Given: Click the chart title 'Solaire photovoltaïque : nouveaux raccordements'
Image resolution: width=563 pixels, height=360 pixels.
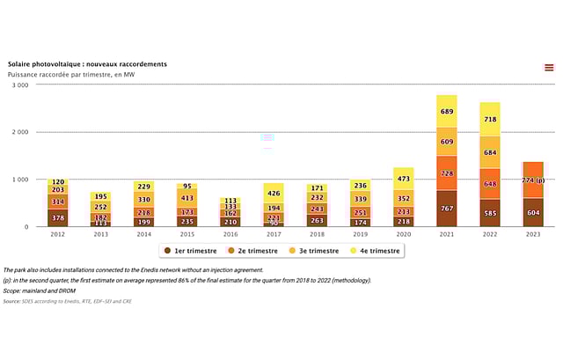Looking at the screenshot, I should point(87,64).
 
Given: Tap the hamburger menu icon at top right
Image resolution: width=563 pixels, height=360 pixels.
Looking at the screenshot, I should point(549,67).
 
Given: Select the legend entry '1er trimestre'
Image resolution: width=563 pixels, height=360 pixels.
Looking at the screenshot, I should point(193,251).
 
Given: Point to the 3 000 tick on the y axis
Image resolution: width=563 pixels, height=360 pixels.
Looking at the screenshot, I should point(20,85).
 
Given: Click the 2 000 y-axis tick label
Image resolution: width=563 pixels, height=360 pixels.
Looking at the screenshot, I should point(20,133).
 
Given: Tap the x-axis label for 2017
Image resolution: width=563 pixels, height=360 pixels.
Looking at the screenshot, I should point(273,234).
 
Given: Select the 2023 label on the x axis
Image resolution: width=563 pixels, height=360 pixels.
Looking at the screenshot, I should point(532,234).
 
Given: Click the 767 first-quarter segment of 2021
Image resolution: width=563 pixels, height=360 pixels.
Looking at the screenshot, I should point(446,209).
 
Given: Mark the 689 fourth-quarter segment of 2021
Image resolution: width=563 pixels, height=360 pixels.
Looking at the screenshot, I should point(446,112).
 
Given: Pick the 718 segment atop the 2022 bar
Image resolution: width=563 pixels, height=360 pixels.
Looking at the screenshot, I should point(489,119).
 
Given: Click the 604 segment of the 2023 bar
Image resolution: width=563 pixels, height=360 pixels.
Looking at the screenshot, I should point(532,212).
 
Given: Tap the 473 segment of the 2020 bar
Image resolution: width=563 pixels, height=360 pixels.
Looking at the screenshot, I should point(403,179).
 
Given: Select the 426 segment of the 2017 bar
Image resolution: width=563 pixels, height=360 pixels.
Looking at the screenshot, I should point(273,194).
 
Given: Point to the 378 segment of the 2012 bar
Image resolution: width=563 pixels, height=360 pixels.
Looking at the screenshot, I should point(57,217).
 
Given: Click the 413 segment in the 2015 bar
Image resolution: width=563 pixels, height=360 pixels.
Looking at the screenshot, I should point(186,198).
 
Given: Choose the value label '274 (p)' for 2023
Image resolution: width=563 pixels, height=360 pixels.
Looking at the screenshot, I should point(532,180).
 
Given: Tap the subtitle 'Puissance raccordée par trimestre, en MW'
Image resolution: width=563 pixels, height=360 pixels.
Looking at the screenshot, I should point(73,75).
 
